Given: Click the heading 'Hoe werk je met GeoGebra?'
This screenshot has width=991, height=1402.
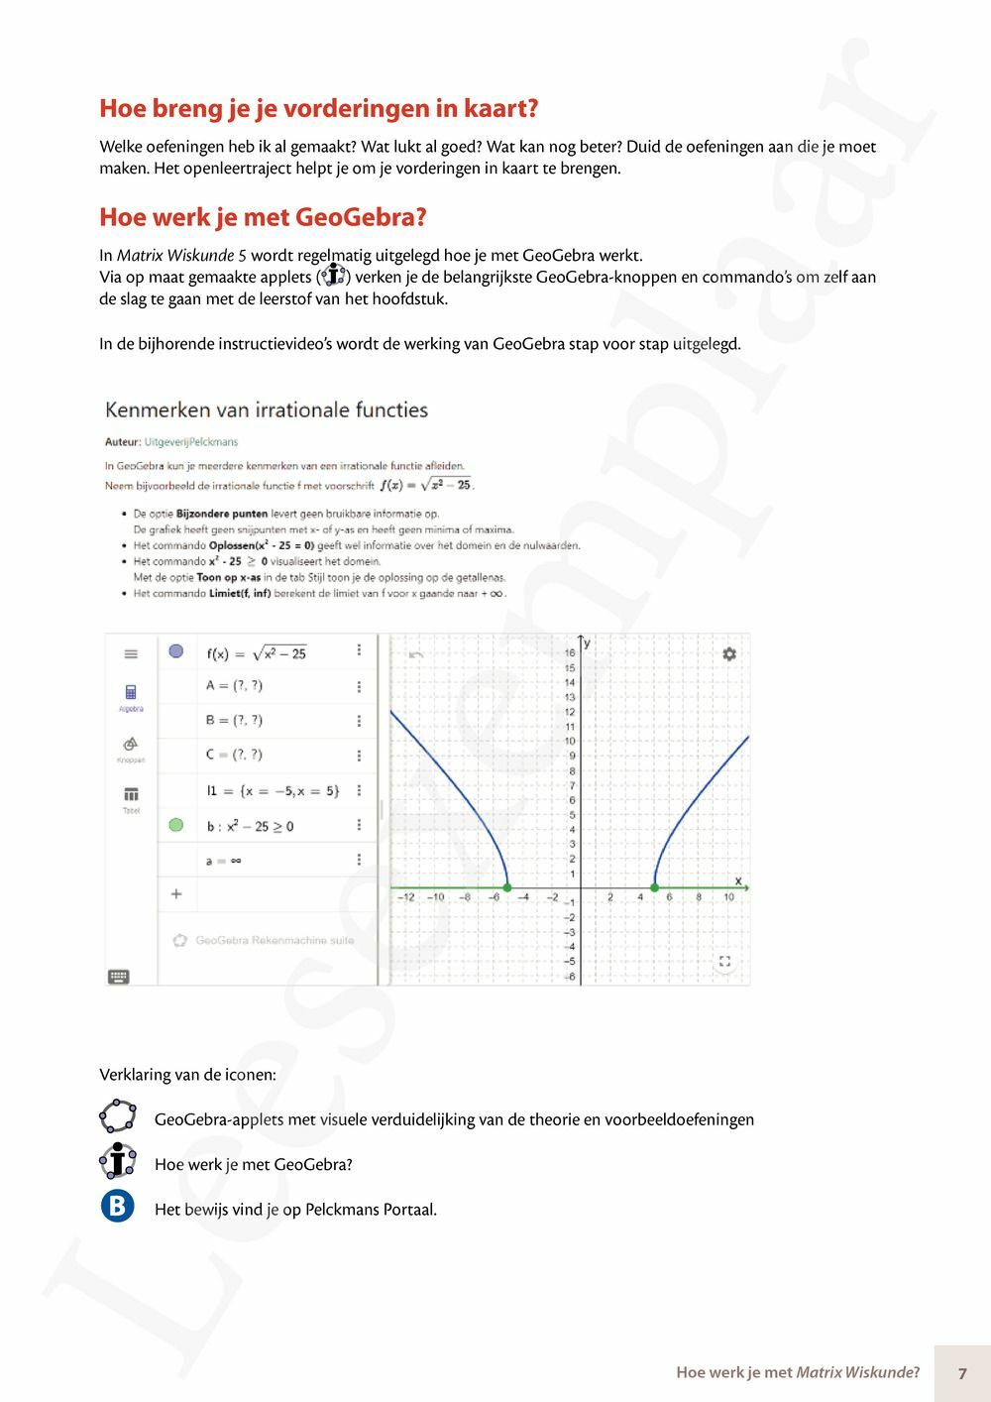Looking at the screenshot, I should coord(263,217).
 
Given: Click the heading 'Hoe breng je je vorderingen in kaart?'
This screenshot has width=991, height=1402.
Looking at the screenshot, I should coord(318,108).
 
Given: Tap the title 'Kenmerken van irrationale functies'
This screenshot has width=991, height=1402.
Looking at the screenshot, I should coord(267,409).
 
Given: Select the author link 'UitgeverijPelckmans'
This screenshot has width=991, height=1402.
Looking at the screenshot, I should coord(191,442).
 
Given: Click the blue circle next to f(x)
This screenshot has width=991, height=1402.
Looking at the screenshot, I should coord(176,651).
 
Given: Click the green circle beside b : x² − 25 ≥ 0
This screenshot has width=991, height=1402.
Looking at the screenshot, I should coord(176,825).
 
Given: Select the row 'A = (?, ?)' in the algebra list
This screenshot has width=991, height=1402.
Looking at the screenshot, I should coord(235,686).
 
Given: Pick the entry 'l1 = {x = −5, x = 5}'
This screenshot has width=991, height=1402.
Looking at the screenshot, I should coord(273,790).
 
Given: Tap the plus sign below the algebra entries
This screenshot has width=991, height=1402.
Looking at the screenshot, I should coord(176,894).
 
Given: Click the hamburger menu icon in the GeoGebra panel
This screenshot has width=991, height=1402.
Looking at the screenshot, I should coord(131,654).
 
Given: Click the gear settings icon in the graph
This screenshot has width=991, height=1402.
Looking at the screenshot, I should coord(729,654).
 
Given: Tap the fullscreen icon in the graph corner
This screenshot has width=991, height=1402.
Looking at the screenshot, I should coord(724,962).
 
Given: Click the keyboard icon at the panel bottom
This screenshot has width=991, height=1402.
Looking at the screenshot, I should coord(118,977).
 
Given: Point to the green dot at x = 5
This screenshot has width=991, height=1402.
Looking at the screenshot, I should coord(654,887).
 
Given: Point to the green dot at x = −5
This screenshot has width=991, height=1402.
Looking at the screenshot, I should coord(507,887).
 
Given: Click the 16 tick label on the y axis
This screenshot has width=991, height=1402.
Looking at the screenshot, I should coord(570,653).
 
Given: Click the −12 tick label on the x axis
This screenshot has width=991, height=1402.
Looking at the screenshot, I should coord(406,897).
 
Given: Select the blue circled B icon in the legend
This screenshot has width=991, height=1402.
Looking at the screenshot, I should coord(118,1207).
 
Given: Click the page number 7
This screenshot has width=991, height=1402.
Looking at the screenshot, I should coord(962,1373).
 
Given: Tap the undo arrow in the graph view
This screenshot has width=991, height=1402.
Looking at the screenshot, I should coord(416,654).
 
